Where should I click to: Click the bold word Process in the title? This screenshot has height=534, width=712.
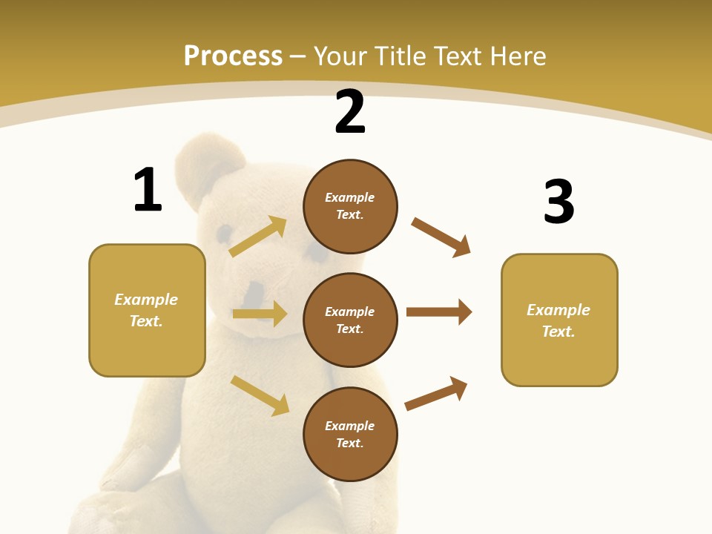pos(233,56)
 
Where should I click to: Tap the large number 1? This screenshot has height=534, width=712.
pos(148,190)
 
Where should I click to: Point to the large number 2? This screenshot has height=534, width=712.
pos(350,112)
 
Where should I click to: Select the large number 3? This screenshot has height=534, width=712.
pos(559,201)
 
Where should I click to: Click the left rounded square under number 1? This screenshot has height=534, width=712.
pos(147,310)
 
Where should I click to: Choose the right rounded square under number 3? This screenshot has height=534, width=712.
pos(559,320)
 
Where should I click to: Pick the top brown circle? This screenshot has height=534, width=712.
pos(350,205)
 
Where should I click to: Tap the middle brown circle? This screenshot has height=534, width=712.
pos(350,320)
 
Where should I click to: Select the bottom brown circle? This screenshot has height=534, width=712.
pos(350,434)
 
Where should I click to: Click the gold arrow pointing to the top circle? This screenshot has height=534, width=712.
pos(258,237)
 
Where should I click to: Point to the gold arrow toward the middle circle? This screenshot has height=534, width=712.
pos(260,314)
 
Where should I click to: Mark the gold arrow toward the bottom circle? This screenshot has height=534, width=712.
pos(260,395)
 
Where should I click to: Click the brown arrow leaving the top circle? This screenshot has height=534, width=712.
pos(441,237)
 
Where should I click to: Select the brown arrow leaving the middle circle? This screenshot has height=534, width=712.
pos(439,312)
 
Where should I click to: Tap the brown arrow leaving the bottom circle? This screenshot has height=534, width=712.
pos(436,393)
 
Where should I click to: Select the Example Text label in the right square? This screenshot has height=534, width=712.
pos(558,320)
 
